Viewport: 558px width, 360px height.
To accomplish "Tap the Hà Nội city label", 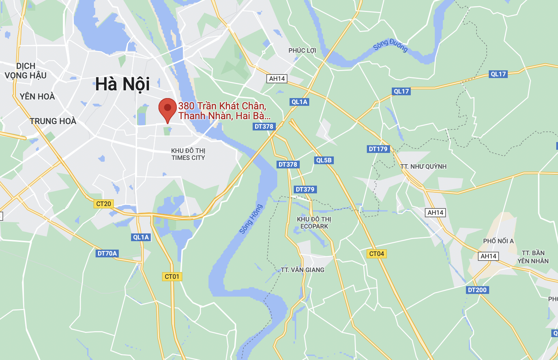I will tap(123, 84).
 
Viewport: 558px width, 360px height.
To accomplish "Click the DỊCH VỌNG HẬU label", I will tap(26, 71).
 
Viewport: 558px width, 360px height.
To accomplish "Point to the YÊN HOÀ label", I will tap(37, 97).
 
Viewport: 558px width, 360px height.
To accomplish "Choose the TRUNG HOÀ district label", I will tap(53, 121).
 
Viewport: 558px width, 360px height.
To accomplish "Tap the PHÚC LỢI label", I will tap(302, 51).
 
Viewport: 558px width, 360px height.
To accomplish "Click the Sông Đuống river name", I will tap(390, 45).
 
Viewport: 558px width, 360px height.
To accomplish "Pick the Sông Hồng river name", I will tap(251, 219).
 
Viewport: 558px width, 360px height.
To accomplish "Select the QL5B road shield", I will tap(324, 160).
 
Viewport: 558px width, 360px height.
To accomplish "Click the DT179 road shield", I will tap(378, 149).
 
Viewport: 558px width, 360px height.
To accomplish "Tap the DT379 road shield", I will tap(305, 189).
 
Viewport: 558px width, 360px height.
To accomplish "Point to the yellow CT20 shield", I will tap(104, 204).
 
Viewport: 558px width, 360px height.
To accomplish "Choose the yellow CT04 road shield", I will tap(377, 254).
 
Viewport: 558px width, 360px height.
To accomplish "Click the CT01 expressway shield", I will tap(172, 277).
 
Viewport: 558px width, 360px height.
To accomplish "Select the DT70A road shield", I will tap(107, 253).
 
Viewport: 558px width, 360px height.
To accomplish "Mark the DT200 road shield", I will tap(477, 290).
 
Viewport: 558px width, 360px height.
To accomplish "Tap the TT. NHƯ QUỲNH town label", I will tap(423, 167).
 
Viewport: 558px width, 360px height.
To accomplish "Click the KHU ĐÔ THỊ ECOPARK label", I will tap(314, 223).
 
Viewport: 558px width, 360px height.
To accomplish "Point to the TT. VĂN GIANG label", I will tap(303, 270).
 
